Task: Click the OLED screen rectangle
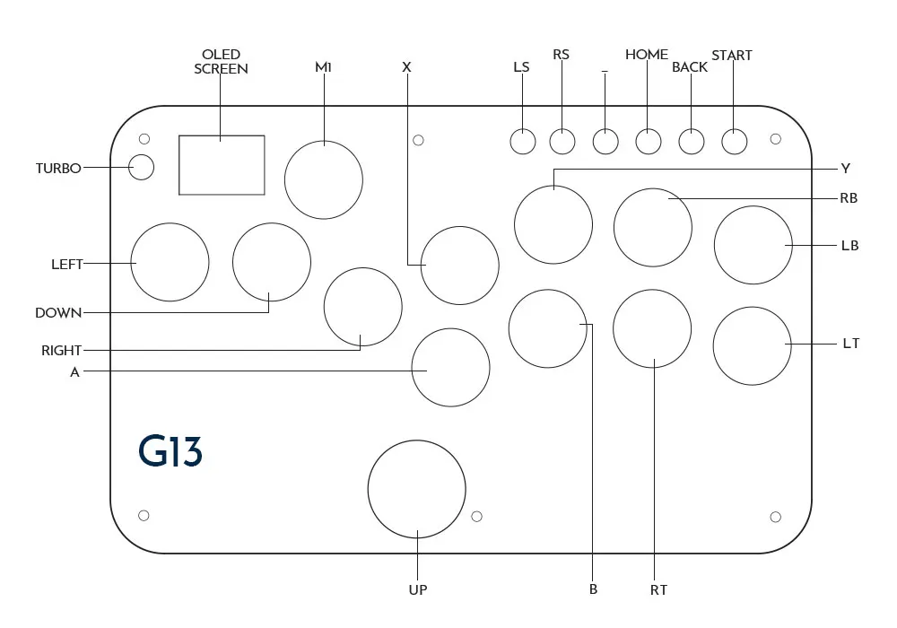(222, 165)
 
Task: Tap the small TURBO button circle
(141, 168)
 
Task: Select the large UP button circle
(416, 490)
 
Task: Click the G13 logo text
(170, 451)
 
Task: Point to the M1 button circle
(324, 179)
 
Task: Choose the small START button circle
(734, 142)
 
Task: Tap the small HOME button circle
(649, 141)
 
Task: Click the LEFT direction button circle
(170, 262)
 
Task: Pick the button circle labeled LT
(753, 345)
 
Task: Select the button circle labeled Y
(553, 223)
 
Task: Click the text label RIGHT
(61, 351)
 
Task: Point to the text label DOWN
(58, 313)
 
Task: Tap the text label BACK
(689, 67)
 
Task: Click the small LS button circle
(522, 141)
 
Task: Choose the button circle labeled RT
(652, 328)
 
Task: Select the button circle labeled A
(450, 367)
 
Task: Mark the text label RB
(849, 198)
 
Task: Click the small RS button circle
(562, 141)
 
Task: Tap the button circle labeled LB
(753, 245)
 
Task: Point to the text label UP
(418, 589)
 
